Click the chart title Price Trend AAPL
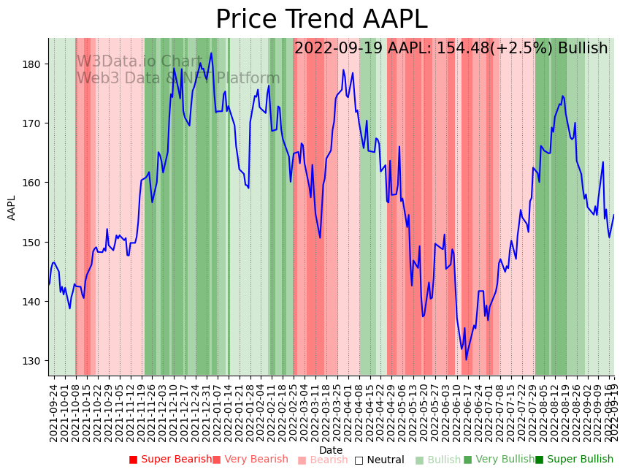pyautogui.click(x=321, y=20)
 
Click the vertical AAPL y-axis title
pyautogui.click(x=12, y=208)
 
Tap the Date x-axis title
pyautogui.click(x=331, y=450)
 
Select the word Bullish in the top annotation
pyautogui.click(x=582, y=49)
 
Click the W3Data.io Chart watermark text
pyautogui.click(x=139, y=61)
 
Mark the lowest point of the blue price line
pyautogui.click(x=466, y=359)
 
